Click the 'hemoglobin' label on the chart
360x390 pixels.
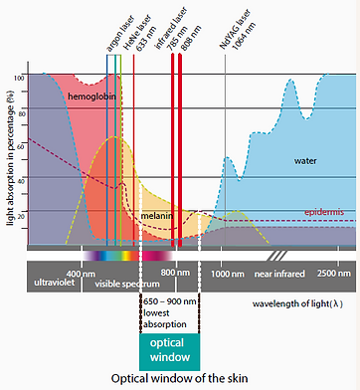click(x=92, y=97)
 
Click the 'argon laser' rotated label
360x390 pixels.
click(x=110, y=33)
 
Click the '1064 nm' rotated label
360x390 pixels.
click(x=239, y=35)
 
